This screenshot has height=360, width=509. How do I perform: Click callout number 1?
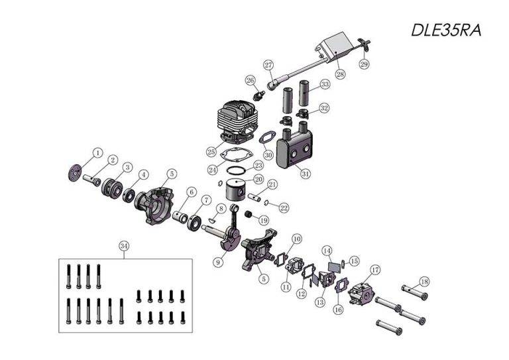click(97, 153)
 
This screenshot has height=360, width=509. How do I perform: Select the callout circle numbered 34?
click(124, 246)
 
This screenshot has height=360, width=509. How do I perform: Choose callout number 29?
click(364, 64)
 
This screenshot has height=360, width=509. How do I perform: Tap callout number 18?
click(424, 281)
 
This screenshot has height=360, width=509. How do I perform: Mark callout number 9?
click(218, 262)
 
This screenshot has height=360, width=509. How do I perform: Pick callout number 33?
click(324, 85)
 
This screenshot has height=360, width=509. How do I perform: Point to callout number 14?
click(327, 251)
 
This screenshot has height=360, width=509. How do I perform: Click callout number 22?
click(284, 208)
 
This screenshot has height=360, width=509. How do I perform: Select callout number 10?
click(296, 238)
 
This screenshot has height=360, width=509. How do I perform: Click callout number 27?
click(268, 65)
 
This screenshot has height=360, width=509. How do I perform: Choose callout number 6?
click(192, 193)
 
